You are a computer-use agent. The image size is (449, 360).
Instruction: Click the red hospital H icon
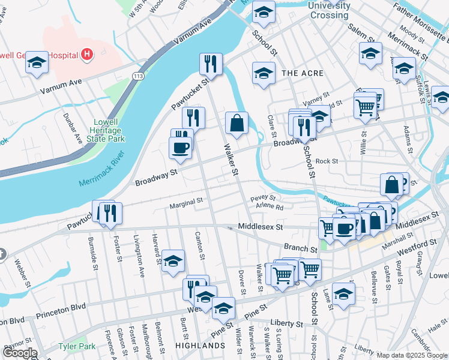(88, 55)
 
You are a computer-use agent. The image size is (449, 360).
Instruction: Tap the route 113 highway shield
(138, 76)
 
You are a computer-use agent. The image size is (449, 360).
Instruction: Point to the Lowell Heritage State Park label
(108, 130)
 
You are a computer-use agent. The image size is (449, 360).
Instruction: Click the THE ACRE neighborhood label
(303, 73)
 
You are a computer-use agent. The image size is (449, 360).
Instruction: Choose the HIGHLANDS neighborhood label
(200, 346)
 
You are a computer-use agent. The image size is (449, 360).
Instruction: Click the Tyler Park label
(77, 346)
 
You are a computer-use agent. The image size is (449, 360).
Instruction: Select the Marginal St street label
(186, 204)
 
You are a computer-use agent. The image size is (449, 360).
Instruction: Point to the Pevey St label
(263, 197)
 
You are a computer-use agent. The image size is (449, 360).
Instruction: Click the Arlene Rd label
(269, 206)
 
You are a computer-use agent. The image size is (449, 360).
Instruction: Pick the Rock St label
(327, 161)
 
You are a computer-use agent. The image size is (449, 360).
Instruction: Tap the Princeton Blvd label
(62, 314)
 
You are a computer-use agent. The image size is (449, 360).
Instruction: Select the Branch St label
(300, 248)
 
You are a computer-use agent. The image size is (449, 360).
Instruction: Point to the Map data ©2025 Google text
(411, 355)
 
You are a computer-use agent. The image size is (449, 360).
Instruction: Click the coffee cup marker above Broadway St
(180, 147)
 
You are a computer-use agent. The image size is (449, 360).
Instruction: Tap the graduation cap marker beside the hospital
(37, 62)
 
